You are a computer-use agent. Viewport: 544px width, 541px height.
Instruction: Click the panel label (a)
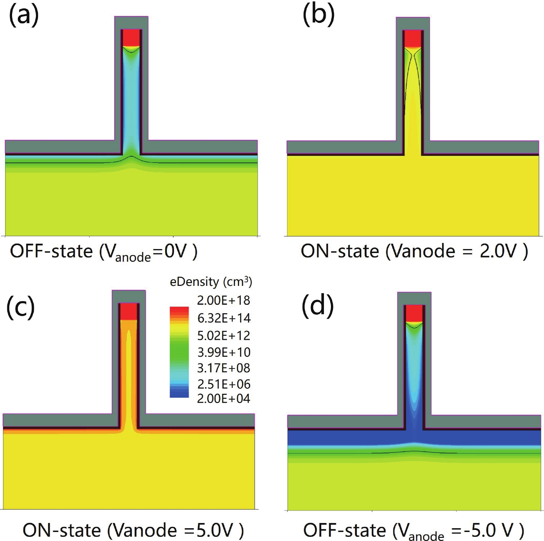[23, 16]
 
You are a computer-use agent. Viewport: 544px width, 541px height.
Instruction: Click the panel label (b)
[318, 16]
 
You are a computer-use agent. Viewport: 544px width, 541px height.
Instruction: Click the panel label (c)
[21, 308]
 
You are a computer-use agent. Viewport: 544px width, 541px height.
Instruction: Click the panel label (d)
[317, 306]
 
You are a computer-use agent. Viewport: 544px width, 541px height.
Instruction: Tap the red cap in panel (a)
[131, 38]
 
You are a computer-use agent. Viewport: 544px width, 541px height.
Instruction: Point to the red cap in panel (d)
[414, 313]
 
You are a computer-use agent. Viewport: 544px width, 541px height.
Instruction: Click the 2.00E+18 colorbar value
[223, 300]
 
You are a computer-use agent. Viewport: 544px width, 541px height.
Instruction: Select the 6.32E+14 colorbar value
[224, 318]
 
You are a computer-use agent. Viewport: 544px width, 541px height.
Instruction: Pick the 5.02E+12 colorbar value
[224, 335]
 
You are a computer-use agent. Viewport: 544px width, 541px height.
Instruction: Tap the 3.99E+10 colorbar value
[224, 352]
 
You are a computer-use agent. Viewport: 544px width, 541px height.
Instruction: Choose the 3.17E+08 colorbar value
[223, 368]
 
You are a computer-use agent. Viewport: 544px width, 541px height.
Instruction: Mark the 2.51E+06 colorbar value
[224, 384]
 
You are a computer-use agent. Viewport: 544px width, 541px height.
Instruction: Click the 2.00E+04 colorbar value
[223, 399]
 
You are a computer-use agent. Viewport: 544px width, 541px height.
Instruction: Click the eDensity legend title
[211, 282]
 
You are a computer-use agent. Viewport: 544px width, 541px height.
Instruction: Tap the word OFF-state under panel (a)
[51, 251]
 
